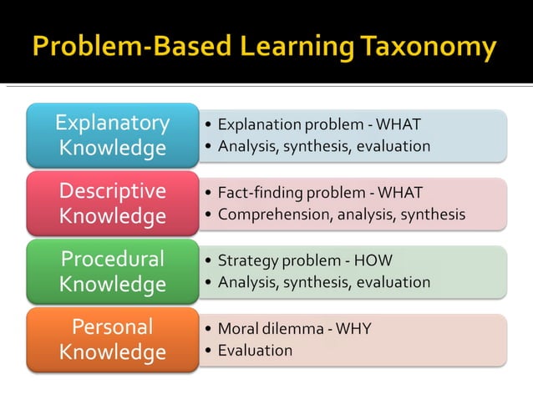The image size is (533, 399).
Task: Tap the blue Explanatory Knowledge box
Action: (x=112, y=135)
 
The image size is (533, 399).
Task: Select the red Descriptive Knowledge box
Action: (x=112, y=204)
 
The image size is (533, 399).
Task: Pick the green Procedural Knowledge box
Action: (x=112, y=271)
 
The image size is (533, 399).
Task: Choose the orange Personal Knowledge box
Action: (x=112, y=340)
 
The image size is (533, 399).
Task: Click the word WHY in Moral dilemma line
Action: (x=354, y=329)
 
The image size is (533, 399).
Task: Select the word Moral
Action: (x=237, y=329)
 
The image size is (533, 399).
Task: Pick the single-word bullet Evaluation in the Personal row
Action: (x=255, y=351)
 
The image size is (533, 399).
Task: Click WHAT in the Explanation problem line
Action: (x=398, y=124)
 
